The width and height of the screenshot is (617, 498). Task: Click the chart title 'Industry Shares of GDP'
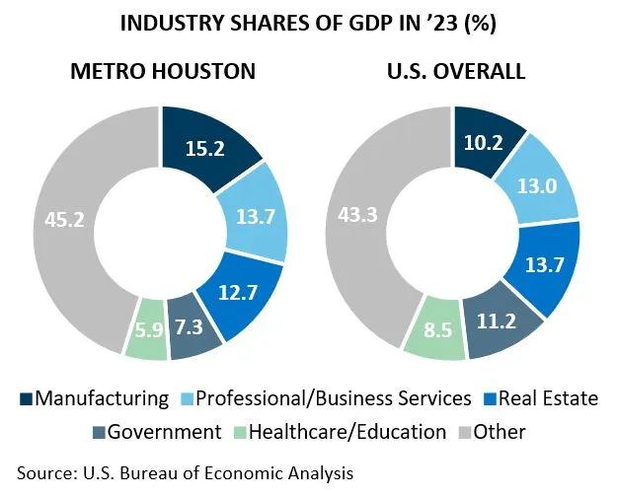308,24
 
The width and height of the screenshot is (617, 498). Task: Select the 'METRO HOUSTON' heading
162,72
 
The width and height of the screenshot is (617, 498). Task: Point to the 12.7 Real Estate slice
235,293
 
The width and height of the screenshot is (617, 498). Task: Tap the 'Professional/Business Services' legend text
334,399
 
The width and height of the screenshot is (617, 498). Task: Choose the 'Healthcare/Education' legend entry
347,432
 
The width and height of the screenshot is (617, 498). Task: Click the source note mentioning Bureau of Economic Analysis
185,473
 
